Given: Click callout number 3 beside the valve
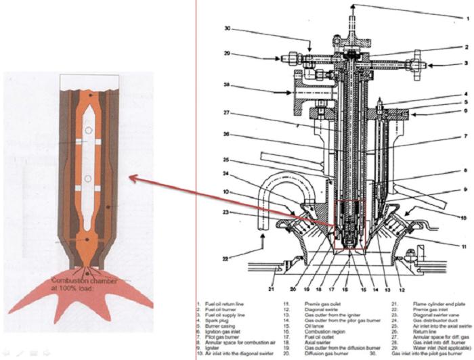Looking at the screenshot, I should [467, 66].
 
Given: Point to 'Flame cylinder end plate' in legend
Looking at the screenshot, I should [420, 305].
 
